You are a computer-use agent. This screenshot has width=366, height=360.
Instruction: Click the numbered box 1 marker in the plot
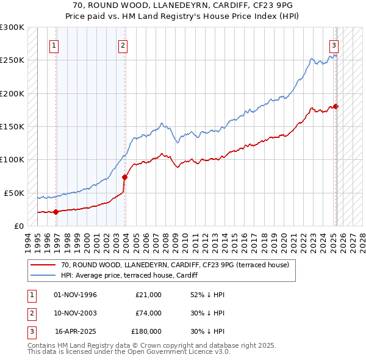click(x=54, y=45)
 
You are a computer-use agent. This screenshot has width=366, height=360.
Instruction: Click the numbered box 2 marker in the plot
click(x=123, y=45)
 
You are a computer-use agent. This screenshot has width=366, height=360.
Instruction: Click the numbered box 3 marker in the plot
click(x=334, y=45)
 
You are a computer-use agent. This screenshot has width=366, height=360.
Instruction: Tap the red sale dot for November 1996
click(x=56, y=212)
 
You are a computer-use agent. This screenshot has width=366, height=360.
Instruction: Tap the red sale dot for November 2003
click(x=124, y=177)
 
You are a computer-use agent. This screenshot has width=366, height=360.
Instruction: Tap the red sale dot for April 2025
click(x=336, y=107)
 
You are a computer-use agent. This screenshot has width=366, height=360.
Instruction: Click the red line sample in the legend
click(x=44, y=265)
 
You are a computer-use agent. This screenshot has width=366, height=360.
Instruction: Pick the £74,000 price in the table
click(x=148, y=313)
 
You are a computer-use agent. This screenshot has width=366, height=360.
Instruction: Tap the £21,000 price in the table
click(x=148, y=295)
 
